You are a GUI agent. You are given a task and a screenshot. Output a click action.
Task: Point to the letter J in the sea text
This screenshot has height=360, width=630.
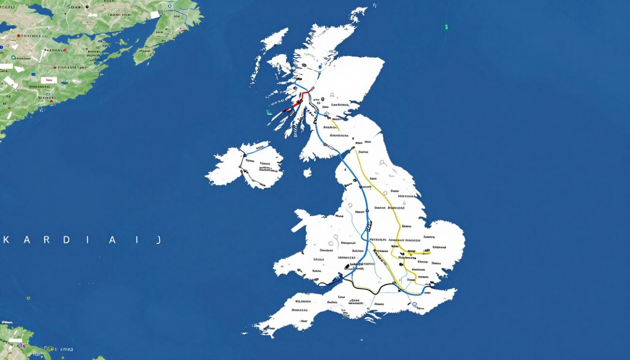pyautogui.click(x=158, y=240)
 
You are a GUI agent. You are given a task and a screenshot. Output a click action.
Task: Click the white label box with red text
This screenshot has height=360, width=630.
pyautogui.click(x=48, y=80)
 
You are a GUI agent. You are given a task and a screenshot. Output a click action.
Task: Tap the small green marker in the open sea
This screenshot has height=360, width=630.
pyautogui.click(x=446, y=27)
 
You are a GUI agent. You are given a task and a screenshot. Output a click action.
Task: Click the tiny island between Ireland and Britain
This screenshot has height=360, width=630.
pyautogui.click(x=307, y=172)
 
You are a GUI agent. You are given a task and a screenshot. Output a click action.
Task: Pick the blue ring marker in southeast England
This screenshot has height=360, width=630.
pyautogui.click(x=415, y=305)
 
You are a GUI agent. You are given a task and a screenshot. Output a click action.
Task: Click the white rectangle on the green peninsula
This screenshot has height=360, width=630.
pyautogui.click(x=155, y=15)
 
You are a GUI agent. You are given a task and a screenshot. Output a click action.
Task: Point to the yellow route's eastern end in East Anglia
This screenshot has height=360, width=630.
pyautogui.click(x=429, y=252)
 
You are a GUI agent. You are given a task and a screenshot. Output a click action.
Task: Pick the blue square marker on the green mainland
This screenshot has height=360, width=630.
pyautogui.click(x=2, y=47)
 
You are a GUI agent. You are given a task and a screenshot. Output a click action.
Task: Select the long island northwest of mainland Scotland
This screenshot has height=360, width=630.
pyautogui.click(x=275, y=39)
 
